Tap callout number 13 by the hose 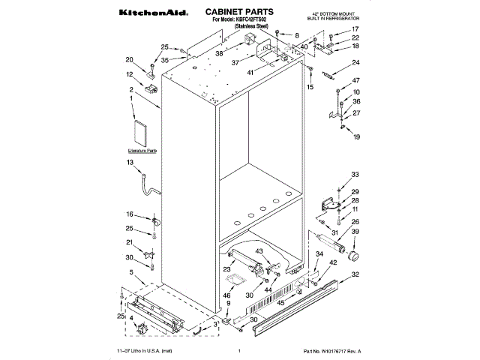click(x=130, y=163)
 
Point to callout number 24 click(x=356, y=62)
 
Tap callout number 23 click(x=226, y=268)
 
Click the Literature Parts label click(x=142, y=151)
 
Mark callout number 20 click(x=129, y=60)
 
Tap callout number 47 click(x=356, y=81)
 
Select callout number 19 click(x=356, y=137)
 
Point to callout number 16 click(x=130, y=214)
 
